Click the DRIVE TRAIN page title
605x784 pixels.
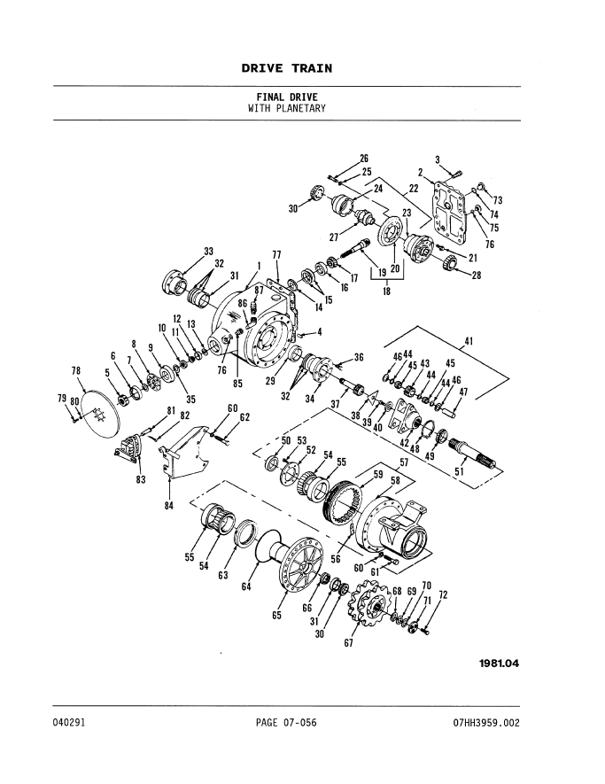(286, 68)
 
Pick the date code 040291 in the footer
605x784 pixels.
(68, 723)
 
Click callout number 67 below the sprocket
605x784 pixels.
(349, 643)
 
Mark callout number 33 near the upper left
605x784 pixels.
(209, 251)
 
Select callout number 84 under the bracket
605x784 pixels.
(168, 505)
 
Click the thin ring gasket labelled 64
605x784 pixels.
(266, 547)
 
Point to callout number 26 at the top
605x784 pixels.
(364, 159)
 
